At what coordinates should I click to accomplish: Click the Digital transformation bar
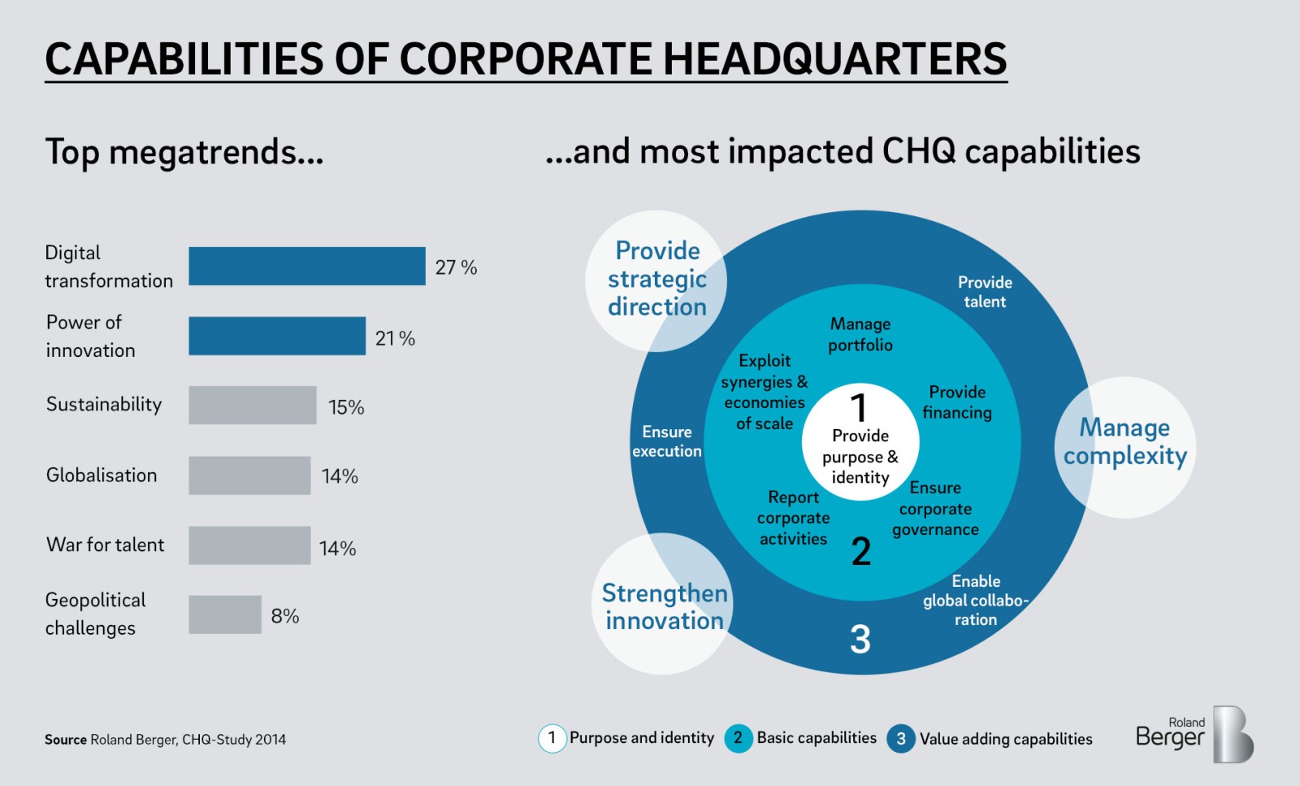[306, 267]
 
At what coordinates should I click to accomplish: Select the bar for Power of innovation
[276, 336]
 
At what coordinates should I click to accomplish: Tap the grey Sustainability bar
[252, 405]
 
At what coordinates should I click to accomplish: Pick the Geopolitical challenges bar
[224, 614]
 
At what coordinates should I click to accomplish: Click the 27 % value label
[456, 267]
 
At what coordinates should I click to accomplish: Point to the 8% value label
[284, 616]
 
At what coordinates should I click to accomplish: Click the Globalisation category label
[102, 476]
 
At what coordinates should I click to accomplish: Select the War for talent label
[105, 545]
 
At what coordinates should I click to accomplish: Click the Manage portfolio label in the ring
[860, 334]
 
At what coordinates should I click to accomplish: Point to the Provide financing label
[957, 402]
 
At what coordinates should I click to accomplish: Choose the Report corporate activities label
[793, 518]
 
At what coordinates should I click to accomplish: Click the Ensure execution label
[666, 441]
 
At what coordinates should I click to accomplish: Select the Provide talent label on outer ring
[984, 292]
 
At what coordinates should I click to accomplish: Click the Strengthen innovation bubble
[664, 606]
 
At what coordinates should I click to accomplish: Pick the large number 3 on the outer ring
[860, 639]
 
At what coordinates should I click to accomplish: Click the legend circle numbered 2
[738, 738]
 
